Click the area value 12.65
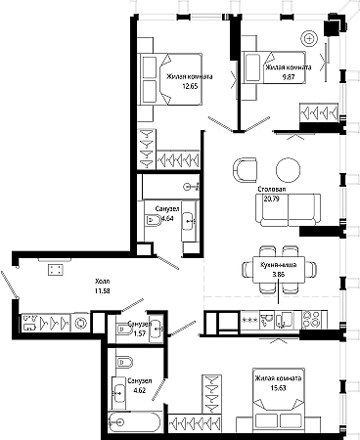coord(191,87)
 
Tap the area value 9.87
coord(289,77)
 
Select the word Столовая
coord(272,189)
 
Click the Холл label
coord(103,281)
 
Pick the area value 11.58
coord(103,290)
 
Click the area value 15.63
coord(278,388)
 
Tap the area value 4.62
coord(140,390)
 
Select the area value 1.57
coord(141,333)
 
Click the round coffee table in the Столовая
coord(288,170)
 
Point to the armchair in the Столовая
coord(246,170)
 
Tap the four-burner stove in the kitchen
coord(311,319)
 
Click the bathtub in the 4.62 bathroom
coord(135,422)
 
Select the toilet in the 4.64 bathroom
coord(153,221)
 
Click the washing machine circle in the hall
coord(80,324)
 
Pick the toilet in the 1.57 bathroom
coord(124,330)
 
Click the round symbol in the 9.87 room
coord(309,39)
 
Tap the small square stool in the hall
coord(56,270)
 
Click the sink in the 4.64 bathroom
coord(189,221)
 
